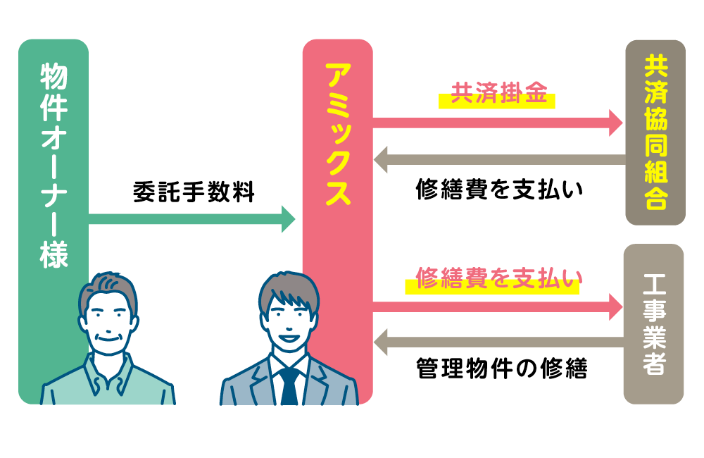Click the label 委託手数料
coord(194,192)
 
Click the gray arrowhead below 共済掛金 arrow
coord(382,159)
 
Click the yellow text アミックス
coord(337,133)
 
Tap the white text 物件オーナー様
coord(54,165)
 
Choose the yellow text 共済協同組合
coord(655,132)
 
